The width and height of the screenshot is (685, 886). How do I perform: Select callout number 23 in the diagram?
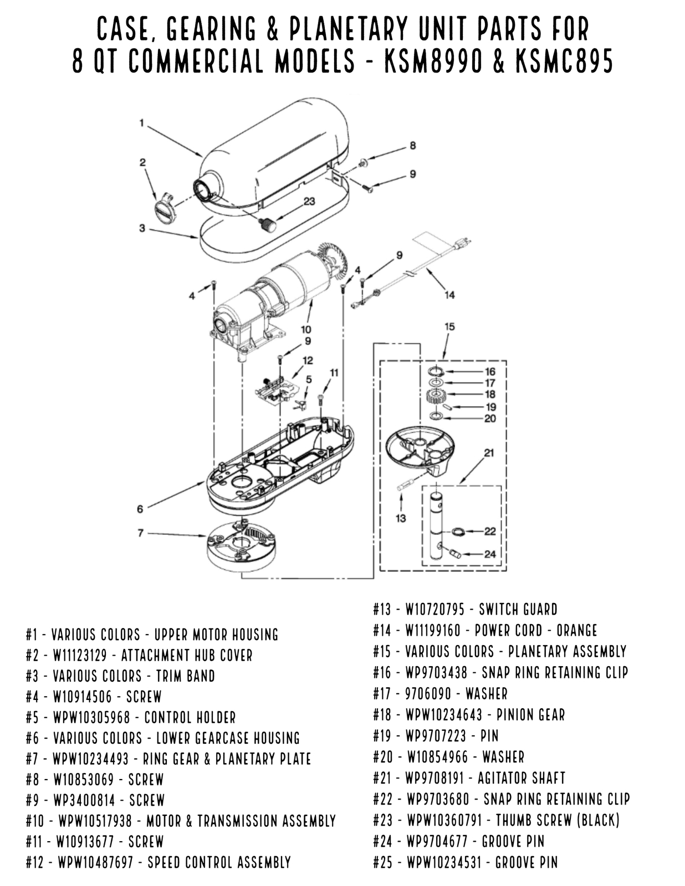click(x=309, y=201)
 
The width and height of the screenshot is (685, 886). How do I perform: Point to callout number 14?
click(x=449, y=295)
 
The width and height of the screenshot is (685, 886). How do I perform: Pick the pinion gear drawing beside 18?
click(x=436, y=395)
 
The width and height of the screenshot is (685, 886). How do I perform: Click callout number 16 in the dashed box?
click(x=490, y=372)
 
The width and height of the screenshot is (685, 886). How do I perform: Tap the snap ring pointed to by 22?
click(x=457, y=532)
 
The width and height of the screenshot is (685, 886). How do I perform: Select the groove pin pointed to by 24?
click(x=454, y=553)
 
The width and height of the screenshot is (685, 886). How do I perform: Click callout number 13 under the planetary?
click(x=401, y=518)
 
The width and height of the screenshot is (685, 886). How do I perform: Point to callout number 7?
click(x=140, y=533)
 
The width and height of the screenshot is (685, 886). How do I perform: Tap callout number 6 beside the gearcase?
click(x=140, y=509)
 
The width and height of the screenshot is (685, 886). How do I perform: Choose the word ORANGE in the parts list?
click(x=576, y=631)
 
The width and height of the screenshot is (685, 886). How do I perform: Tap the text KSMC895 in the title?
click(x=564, y=62)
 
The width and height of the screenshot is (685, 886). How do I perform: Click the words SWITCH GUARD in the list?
click(x=518, y=610)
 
